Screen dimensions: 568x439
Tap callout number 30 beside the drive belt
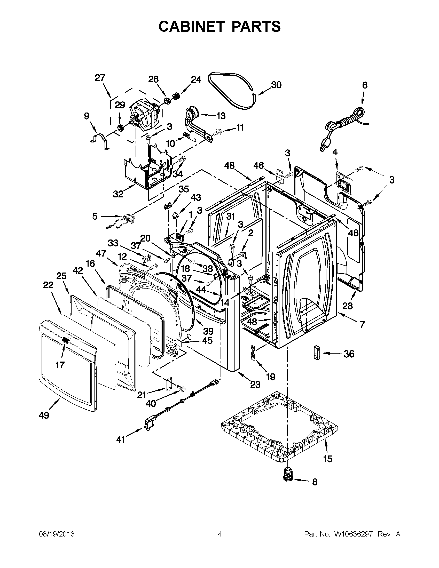coord(276,85)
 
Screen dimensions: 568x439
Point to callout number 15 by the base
coord(328,459)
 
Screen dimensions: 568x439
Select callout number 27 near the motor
coord(100,78)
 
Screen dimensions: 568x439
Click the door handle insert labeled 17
coord(66,340)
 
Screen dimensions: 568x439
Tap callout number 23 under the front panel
coord(255,385)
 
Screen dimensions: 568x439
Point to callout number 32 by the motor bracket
coord(118,194)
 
